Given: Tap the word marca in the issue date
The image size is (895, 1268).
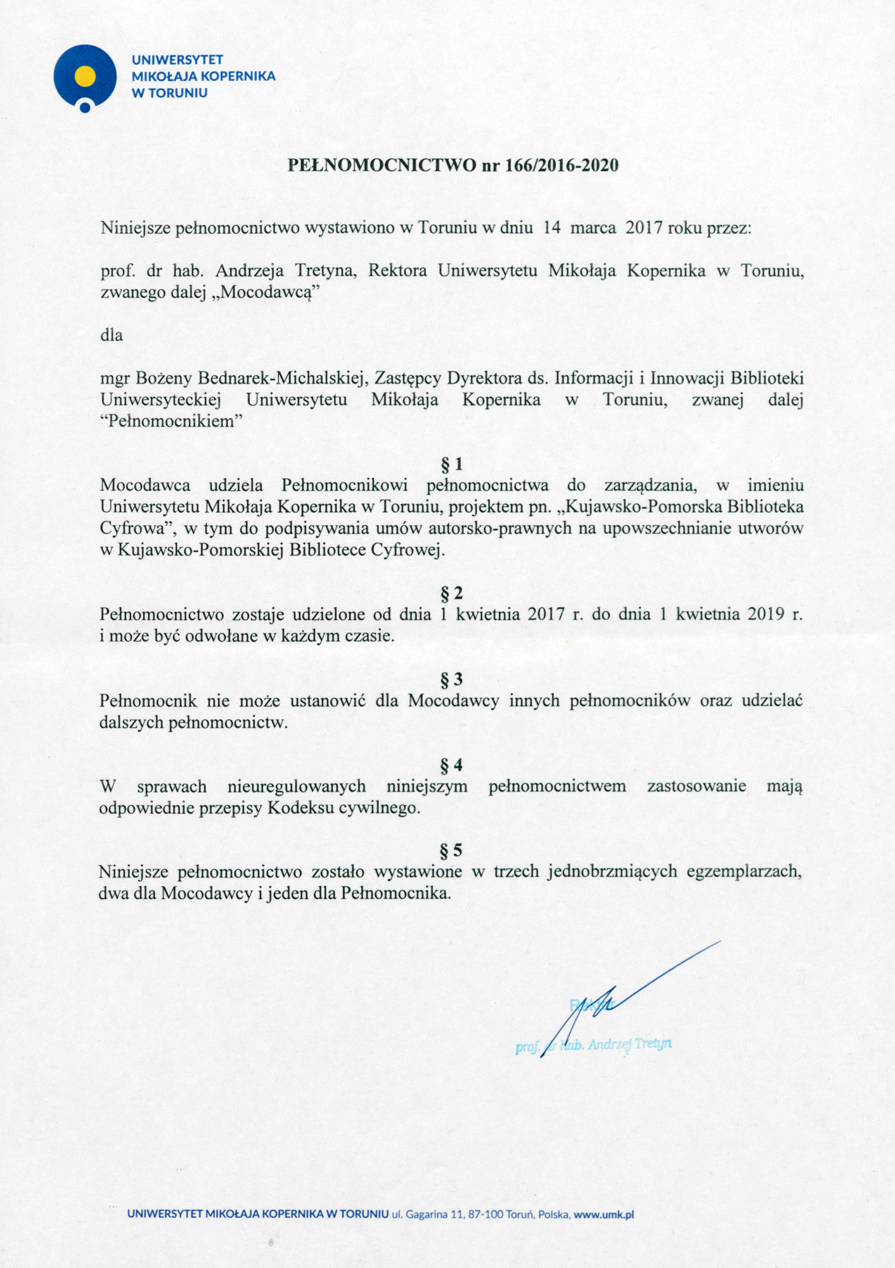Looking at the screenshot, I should (x=593, y=228).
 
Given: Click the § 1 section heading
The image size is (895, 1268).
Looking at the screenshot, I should (x=451, y=465).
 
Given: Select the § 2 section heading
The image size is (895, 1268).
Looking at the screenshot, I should (x=451, y=593).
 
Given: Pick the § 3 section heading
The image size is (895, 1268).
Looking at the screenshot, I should (x=451, y=680).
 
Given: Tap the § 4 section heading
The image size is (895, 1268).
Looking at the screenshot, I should (x=451, y=765).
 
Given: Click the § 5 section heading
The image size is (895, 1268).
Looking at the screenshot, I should (x=451, y=850).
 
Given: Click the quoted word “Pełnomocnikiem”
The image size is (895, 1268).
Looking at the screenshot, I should (x=172, y=422).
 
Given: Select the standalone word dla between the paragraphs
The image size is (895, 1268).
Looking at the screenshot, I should (x=112, y=335).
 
